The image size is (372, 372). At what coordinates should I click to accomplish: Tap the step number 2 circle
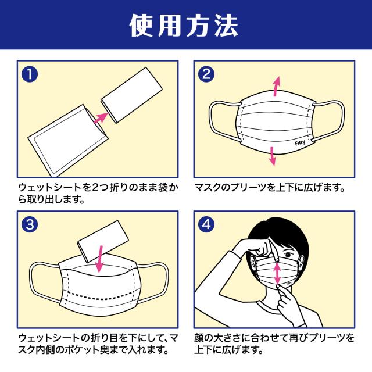tap(206, 75)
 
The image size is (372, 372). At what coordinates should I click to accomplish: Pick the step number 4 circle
tap(206, 224)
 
